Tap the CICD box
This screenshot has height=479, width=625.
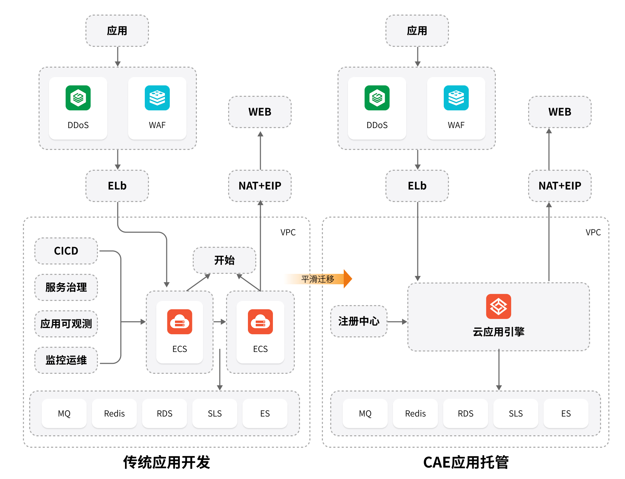tap(66, 251)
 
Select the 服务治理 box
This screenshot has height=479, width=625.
tap(66, 287)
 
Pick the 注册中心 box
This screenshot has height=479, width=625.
tap(359, 321)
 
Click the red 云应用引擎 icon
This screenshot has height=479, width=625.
tap(498, 306)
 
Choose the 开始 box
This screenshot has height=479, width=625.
tap(224, 260)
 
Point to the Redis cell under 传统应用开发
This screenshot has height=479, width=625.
tap(114, 413)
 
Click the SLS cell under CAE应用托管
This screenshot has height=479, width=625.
tap(516, 413)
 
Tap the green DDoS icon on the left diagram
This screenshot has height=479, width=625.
tap(78, 98)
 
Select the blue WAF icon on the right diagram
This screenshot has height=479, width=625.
tap(456, 98)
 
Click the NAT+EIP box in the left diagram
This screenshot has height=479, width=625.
tap(260, 186)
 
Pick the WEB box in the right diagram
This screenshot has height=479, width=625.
tap(560, 112)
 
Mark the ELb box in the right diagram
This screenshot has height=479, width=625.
tap(417, 186)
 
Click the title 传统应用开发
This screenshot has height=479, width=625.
tap(167, 462)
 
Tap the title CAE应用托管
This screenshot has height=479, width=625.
tap(466, 462)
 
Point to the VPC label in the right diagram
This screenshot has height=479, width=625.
tap(593, 232)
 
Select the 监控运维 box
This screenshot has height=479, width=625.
tap(66, 360)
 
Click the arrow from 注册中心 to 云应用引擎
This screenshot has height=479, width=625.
tap(397, 322)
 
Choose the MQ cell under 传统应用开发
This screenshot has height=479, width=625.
tap(64, 413)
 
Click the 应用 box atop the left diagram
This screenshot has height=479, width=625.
tap(117, 31)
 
